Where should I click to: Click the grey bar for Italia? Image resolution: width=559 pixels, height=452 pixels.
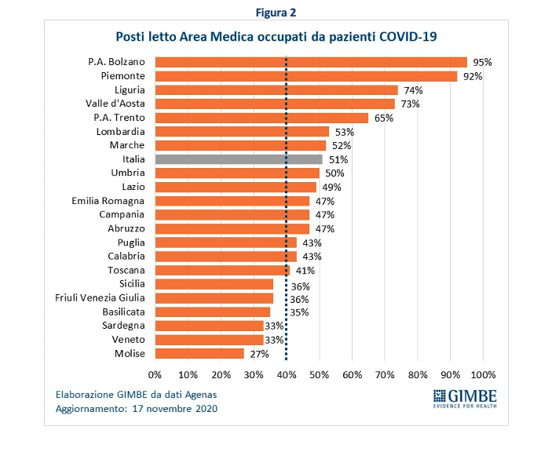(x=239, y=159)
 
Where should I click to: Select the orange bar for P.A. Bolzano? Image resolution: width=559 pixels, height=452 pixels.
(x=311, y=62)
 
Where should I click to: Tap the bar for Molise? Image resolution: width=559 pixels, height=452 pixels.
(x=199, y=354)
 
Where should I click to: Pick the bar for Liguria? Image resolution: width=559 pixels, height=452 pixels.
(x=276, y=90)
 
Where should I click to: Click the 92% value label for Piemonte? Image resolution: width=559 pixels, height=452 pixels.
(x=471, y=76)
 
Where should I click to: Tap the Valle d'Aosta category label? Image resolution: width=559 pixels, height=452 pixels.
(x=115, y=104)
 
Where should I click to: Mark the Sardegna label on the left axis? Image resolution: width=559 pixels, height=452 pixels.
(x=124, y=326)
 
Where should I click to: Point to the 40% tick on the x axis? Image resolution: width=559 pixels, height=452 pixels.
(x=286, y=374)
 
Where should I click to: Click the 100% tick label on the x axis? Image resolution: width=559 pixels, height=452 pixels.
(x=483, y=374)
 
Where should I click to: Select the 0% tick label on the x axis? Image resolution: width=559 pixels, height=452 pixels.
(x=155, y=374)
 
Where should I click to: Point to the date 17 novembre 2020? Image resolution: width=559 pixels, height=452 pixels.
(x=174, y=409)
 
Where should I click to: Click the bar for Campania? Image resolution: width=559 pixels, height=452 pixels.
(x=232, y=215)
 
